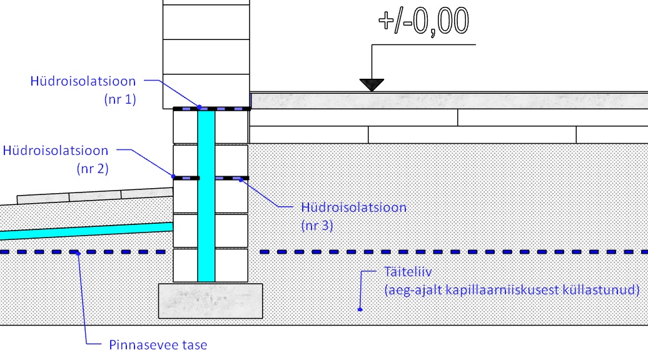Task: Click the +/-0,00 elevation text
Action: [423, 21]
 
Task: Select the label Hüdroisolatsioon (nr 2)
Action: [55, 151]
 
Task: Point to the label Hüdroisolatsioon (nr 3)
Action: [353, 207]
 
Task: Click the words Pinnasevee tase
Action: [158, 344]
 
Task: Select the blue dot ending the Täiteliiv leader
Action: [360, 308]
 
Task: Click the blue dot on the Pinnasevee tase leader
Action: [77, 252]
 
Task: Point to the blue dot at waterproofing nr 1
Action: [199, 107]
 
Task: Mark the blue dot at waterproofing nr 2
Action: [173, 177]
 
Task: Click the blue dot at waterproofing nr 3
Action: [241, 178]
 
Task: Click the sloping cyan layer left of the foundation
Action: [81, 231]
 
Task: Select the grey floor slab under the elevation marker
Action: [448, 101]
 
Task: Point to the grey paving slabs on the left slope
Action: [94, 195]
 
